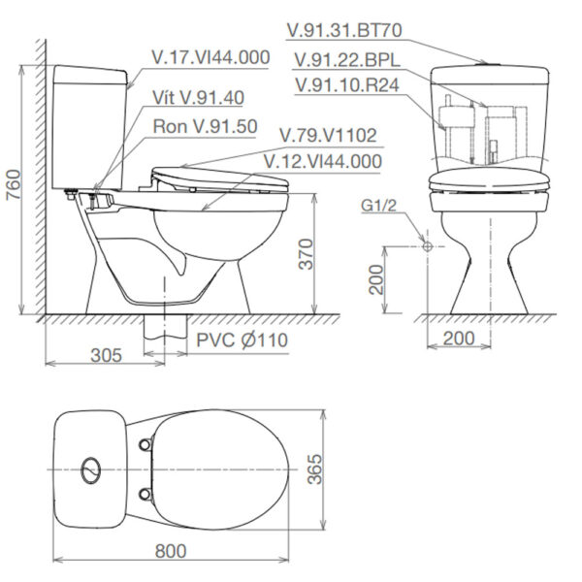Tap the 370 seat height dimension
332,254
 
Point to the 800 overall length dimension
170,550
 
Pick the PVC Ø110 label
242,340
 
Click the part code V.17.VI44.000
210,57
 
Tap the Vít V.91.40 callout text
198,97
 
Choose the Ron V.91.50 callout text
205,127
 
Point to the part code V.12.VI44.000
322,161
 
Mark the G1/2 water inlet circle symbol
427,246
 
